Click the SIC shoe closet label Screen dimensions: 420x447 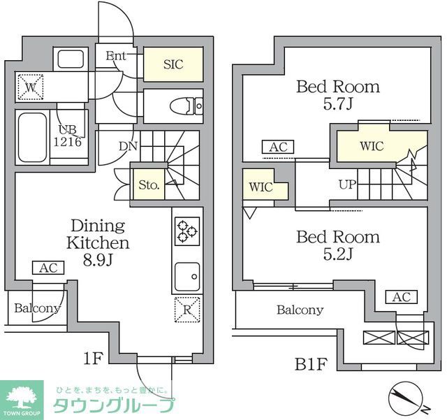[x=173, y=64]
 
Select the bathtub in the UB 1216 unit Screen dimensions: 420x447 [x=32, y=136]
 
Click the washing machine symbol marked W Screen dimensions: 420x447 [x=29, y=87]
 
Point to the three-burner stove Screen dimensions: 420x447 [x=187, y=231]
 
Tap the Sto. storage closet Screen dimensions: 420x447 [x=148, y=185]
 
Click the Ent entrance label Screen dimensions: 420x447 [x=115, y=57]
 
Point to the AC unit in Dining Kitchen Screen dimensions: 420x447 [x=48, y=268]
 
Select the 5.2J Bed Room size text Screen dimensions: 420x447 [x=337, y=254]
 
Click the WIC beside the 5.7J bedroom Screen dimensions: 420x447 [x=372, y=147]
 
